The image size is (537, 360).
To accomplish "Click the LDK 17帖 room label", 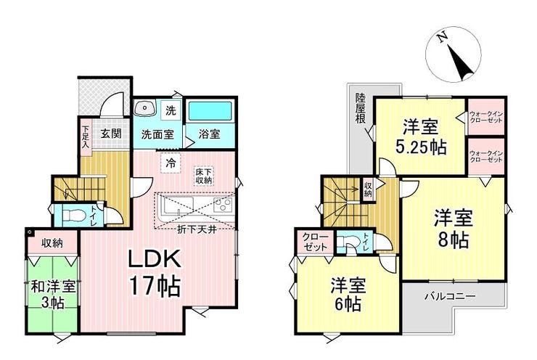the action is [x=154, y=273].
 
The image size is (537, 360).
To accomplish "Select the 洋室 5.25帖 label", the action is [x=421, y=138].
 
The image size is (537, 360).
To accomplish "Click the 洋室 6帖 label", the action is [x=348, y=295].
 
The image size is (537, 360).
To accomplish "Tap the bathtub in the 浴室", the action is [x=210, y=110].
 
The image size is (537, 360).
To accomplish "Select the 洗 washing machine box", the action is [x=171, y=110].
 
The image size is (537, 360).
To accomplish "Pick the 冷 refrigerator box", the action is [x=171, y=163].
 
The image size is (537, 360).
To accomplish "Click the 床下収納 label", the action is [x=204, y=176].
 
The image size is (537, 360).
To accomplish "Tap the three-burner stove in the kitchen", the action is [x=223, y=205].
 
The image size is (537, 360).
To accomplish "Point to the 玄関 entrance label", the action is [x=111, y=133].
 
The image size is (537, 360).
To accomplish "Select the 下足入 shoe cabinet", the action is [x=86, y=137].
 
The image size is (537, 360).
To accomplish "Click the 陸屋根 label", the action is [x=360, y=109].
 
